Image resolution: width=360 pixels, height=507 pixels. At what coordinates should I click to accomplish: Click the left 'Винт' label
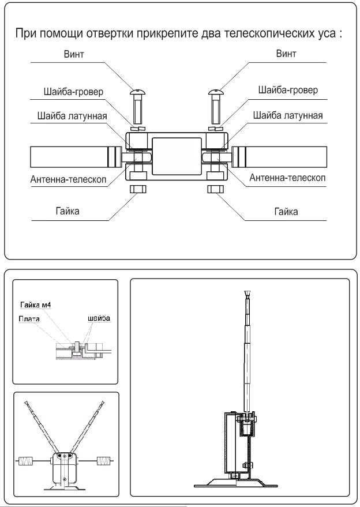pyautogui.click(x=75, y=55)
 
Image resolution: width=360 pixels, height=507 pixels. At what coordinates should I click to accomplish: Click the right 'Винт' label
pyautogui.click(x=285, y=55)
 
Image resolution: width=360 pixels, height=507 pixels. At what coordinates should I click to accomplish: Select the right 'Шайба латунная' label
pyautogui.click(x=287, y=116)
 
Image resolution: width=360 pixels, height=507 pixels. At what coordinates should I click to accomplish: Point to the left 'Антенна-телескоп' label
pyautogui.click(x=68, y=179)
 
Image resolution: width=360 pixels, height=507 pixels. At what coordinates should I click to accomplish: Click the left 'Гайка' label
pyautogui.click(x=67, y=211)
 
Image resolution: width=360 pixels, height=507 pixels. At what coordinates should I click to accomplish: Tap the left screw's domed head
pyautogui.click(x=138, y=91)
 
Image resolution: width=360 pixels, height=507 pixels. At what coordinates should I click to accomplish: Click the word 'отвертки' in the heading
pyautogui.click(x=125, y=33)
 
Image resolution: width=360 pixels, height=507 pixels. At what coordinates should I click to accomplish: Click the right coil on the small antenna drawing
pyautogui.click(x=103, y=461)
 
